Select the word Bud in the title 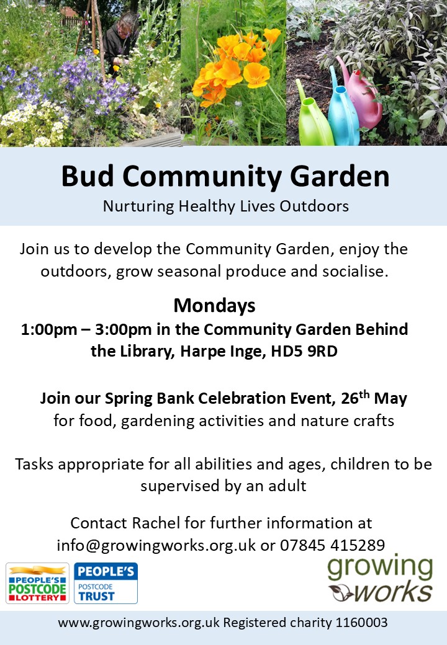point(88,176)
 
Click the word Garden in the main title point(340,176)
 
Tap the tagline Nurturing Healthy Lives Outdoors point(225,206)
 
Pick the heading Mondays point(214,306)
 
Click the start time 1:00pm point(49,329)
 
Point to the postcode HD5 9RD point(304,351)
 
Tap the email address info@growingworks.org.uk point(156,545)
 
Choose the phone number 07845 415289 point(333,545)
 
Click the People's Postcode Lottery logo point(37,584)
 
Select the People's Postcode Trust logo point(106,584)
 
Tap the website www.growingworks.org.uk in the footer point(138,623)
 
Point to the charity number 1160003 point(361,623)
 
